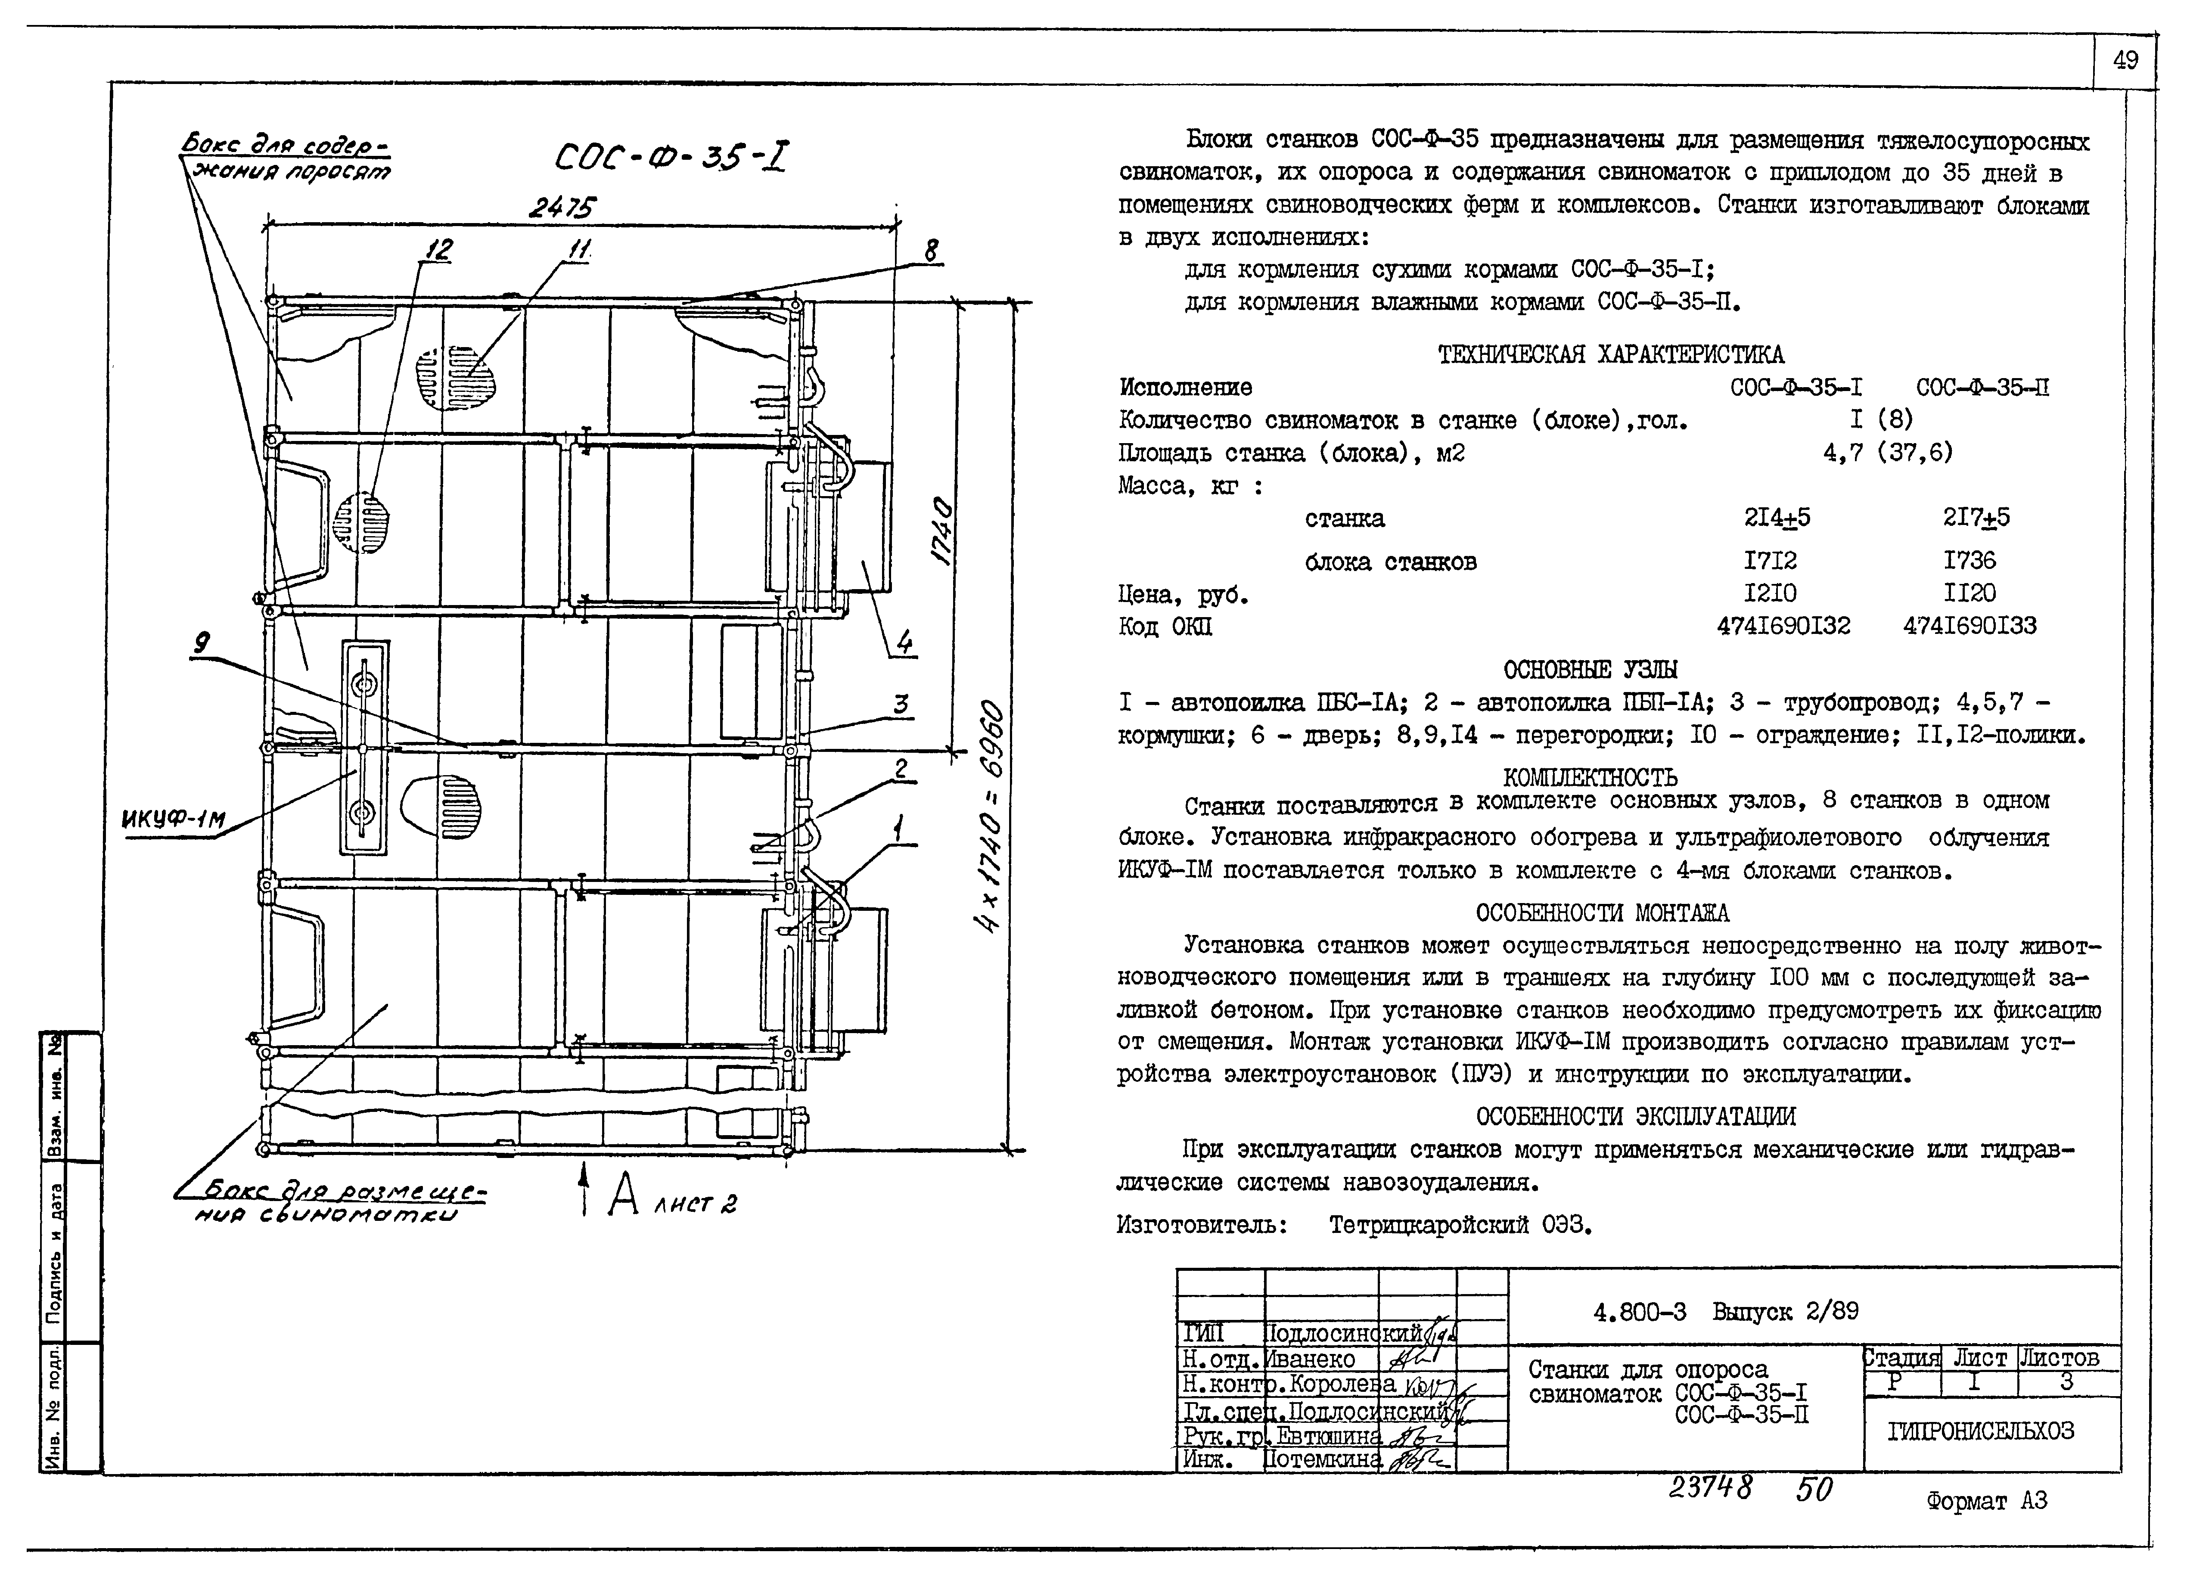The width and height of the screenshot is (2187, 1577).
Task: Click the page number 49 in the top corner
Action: (x=2125, y=61)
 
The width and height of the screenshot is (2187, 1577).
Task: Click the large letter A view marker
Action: (x=624, y=1195)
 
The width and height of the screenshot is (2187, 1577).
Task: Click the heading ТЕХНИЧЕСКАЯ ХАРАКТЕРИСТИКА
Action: (x=1610, y=355)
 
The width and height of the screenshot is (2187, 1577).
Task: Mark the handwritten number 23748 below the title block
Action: (x=1710, y=1489)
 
